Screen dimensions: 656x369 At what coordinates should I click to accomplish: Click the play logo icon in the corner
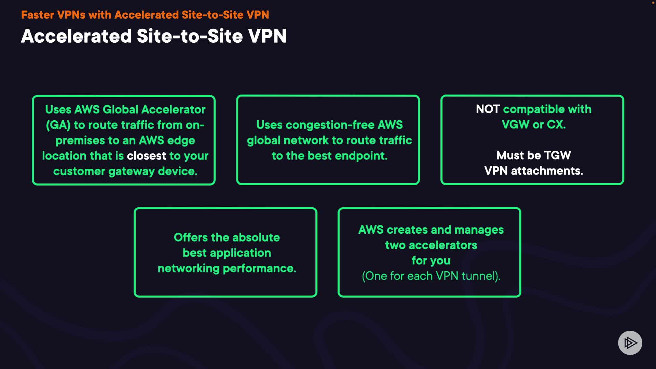[630, 343]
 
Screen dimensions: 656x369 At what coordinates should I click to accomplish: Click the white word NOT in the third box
[488, 109]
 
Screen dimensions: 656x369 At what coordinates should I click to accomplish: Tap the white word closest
[147, 156]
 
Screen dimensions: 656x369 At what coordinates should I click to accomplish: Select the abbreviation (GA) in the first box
[58, 125]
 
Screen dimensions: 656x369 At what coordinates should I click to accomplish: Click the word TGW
[557, 155]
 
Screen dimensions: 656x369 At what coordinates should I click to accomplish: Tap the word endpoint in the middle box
[361, 156]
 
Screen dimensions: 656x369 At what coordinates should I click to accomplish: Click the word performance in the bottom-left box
[259, 269]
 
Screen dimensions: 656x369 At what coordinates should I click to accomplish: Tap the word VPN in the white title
[267, 36]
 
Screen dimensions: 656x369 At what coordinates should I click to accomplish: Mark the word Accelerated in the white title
[76, 36]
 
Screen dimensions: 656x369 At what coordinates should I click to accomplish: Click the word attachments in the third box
[547, 171]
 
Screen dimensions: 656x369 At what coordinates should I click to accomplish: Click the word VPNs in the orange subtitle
[71, 15]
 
